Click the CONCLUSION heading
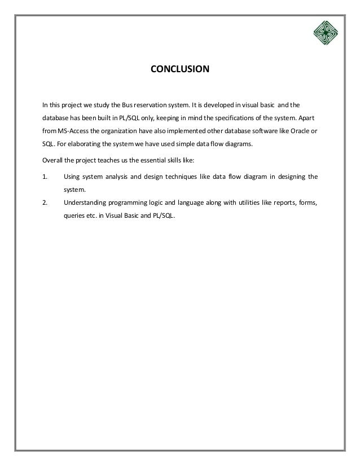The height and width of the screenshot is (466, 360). pos(179,71)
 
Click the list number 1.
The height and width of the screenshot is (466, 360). pos(45,177)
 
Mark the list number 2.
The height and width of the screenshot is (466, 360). pos(45,203)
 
